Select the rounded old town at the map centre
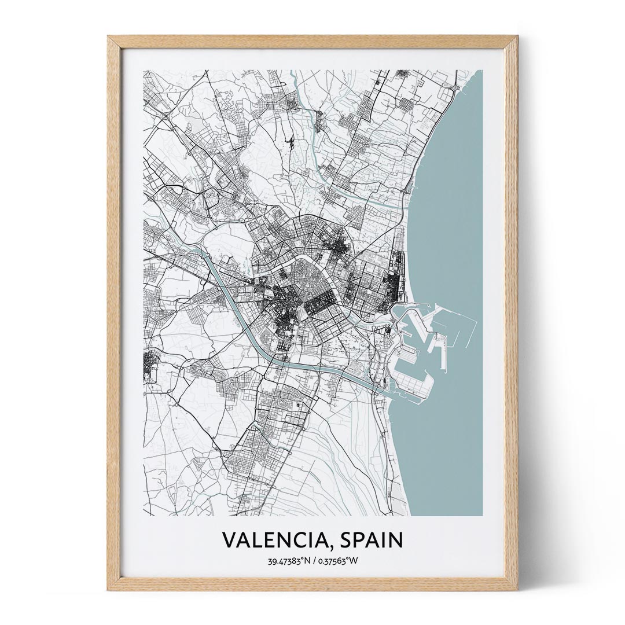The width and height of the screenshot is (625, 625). (307, 278)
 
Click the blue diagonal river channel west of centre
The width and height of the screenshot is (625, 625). (231, 301)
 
